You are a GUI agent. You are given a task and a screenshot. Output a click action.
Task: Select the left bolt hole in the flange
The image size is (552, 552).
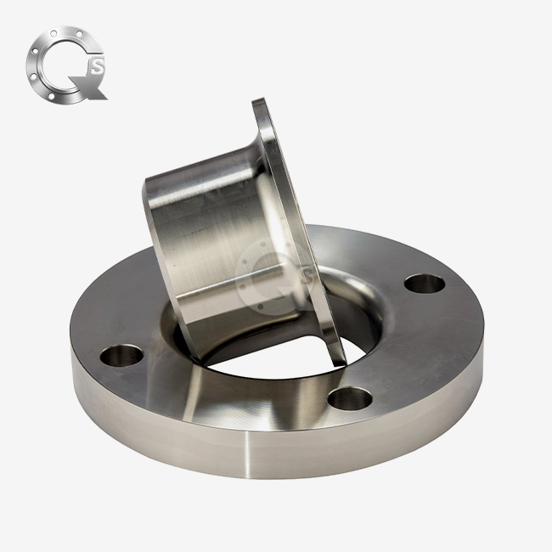pos(121,355)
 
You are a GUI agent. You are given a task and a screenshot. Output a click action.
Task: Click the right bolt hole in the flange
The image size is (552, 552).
pos(424,283)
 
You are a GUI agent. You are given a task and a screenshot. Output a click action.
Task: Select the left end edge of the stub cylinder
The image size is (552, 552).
pos(158,246)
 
